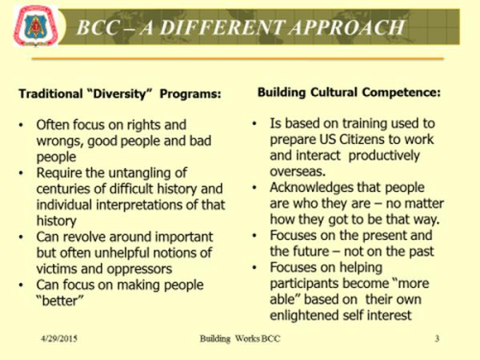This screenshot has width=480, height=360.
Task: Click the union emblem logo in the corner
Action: (x=36, y=26)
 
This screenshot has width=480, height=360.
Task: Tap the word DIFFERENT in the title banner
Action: (x=222, y=27)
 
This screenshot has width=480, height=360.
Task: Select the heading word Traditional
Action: (x=51, y=94)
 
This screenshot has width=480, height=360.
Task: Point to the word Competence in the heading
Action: (x=401, y=92)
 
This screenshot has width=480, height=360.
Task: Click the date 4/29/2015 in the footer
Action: (x=60, y=338)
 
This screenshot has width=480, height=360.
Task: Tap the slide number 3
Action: (x=437, y=338)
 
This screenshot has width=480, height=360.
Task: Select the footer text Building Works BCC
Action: (x=240, y=339)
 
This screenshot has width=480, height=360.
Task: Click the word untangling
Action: (x=141, y=173)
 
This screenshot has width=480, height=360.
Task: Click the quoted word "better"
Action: (x=60, y=300)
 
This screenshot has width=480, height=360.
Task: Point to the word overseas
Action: (x=298, y=172)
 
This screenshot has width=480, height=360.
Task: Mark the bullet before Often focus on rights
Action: (x=21, y=125)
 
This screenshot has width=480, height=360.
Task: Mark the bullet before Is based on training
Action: (x=254, y=124)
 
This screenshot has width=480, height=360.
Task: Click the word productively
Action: (x=384, y=156)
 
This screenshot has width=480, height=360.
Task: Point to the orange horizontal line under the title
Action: (x=238, y=59)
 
